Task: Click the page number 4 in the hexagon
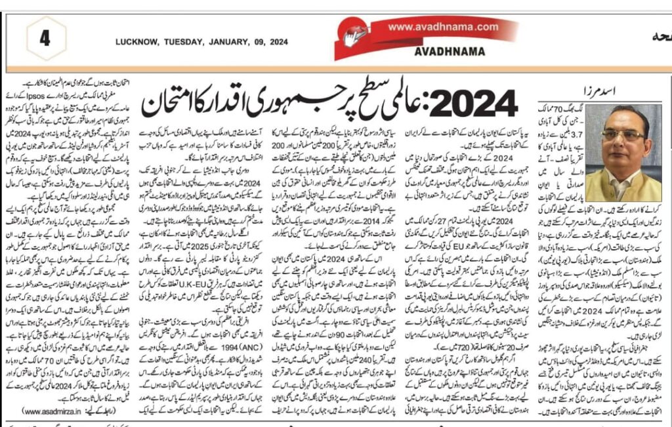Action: [45, 37]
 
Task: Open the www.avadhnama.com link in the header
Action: [443, 27]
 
